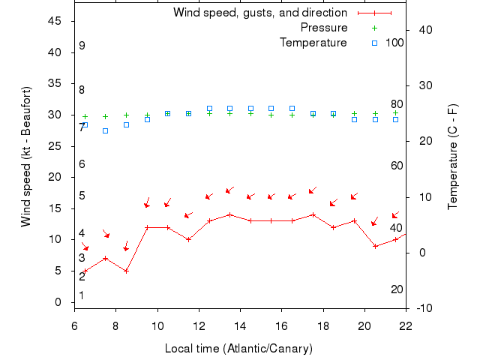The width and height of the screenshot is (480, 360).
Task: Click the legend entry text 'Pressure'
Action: tap(324, 28)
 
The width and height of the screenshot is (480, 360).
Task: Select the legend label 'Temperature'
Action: tap(313, 43)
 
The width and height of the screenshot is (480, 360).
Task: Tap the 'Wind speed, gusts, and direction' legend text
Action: tap(260, 13)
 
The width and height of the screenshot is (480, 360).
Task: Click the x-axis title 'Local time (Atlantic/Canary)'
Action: tap(238, 349)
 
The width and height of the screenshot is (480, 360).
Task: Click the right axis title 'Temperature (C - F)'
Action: tap(452, 157)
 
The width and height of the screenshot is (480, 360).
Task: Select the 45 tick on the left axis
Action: tap(55, 21)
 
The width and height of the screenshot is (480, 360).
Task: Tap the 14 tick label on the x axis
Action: tap(240, 326)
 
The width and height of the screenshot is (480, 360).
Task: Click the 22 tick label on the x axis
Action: tap(406, 326)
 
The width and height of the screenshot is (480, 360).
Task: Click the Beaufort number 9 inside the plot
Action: tap(82, 46)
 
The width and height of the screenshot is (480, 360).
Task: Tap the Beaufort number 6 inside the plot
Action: tap(82, 164)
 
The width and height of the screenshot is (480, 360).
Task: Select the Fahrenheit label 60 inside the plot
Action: tap(397, 166)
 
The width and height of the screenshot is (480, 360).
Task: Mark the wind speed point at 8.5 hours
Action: tap(127, 271)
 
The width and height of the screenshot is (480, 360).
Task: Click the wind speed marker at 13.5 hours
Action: tap(229, 214)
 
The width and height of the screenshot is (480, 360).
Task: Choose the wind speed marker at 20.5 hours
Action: tap(375, 246)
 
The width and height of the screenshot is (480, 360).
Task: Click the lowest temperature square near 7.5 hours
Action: tap(106, 130)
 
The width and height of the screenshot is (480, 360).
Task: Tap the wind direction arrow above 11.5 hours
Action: tap(188, 215)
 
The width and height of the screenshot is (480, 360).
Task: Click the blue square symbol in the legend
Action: tap(375, 43)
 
